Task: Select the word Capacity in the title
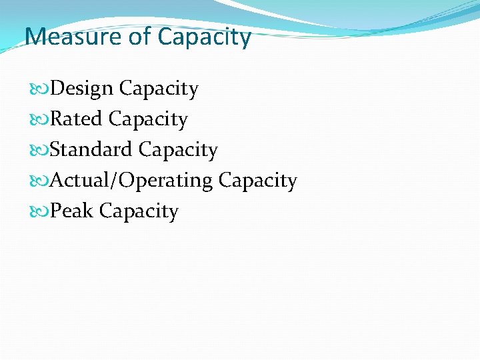click(205, 37)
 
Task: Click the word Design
click(83, 89)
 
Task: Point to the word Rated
click(77, 119)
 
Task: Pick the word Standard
click(91, 149)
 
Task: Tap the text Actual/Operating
click(131, 181)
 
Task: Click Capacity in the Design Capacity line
click(159, 89)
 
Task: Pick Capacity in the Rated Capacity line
click(148, 120)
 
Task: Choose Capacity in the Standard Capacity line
click(178, 151)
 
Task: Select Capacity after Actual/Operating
click(257, 181)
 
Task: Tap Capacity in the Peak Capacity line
click(139, 212)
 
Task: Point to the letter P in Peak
click(56, 211)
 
